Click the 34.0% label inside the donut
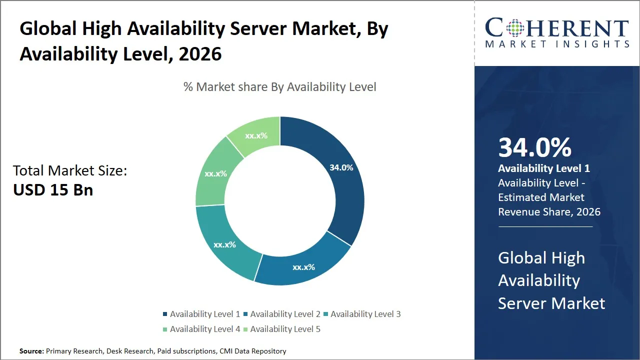(x=341, y=167)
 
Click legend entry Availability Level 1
(x=201, y=314)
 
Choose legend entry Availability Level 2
(x=281, y=314)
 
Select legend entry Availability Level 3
(x=361, y=314)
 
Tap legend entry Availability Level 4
(x=201, y=329)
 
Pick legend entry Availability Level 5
(x=281, y=329)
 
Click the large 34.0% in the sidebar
(x=534, y=147)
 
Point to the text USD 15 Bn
(x=53, y=190)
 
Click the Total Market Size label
(x=70, y=170)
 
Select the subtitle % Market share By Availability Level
(x=279, y=87)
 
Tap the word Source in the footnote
(x=31, y=351)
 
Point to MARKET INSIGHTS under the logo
(x=557, y=44)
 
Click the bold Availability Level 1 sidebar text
(x=543, y=168)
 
